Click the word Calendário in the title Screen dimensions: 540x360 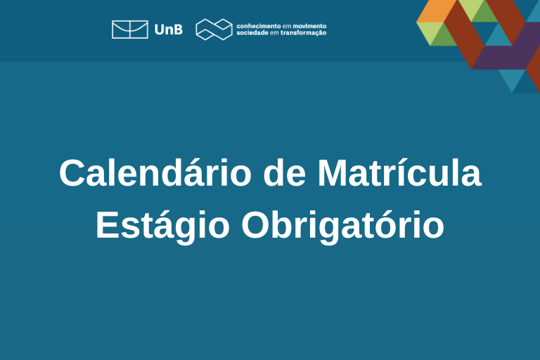[155, 173]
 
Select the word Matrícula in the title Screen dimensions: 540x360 [399, 173]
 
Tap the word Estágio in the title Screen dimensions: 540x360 [162, 226]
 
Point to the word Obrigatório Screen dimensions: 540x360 [342, 225]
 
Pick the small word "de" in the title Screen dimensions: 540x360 [285, 173]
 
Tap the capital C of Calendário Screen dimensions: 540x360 [72, 173]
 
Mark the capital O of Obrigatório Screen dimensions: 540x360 [256, 225]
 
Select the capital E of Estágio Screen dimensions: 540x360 [108, 225]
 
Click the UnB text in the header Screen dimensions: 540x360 [169, 30]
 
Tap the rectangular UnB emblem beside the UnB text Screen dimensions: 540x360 [130, 30]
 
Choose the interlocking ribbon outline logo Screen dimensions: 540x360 [214, 30]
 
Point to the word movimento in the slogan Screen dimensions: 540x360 [309, 26]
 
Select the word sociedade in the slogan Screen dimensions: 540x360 [252, 33]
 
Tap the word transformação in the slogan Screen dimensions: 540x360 [304, 33]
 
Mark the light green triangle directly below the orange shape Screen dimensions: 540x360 [430, 32]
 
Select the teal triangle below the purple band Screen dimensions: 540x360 [513, 78]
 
